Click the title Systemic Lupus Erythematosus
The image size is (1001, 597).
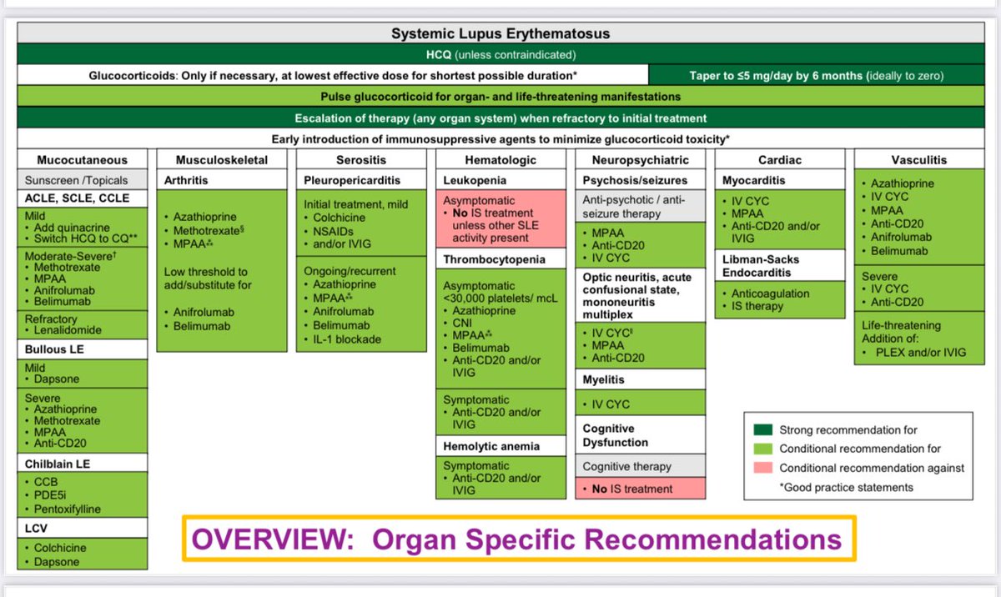point(500,34)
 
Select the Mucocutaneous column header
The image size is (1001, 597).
point(82,160)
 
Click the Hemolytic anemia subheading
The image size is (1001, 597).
point(486,447)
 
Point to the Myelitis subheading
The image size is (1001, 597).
point(605,380)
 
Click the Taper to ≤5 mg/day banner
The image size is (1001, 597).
point(817,75)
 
